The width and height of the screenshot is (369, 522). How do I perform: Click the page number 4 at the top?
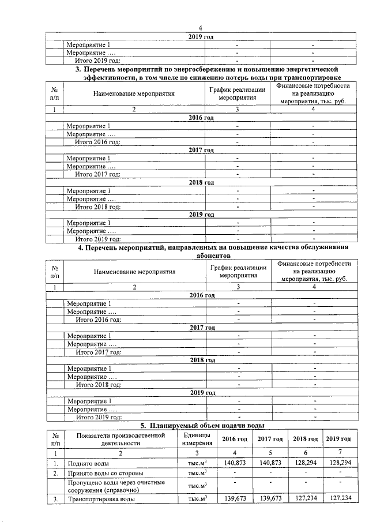coord(201,29)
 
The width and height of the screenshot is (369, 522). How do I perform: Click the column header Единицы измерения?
coord(197,438)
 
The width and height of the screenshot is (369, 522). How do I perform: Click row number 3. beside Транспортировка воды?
coord(55,498)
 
